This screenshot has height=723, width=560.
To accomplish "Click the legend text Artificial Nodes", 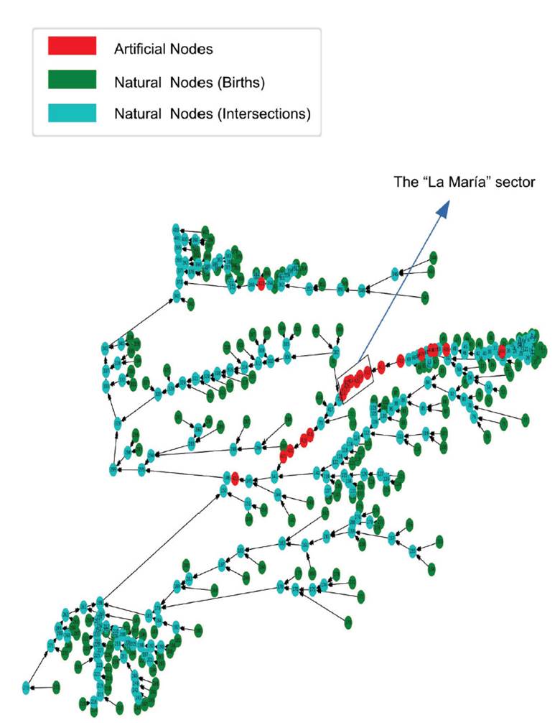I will pos(163,50).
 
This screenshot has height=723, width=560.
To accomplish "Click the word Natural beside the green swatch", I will pos(139,82).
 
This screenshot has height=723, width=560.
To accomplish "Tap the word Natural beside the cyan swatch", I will pos(139,114).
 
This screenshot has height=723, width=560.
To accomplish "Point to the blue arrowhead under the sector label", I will pos(443,209).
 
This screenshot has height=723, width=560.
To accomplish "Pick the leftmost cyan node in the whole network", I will pos(27,687).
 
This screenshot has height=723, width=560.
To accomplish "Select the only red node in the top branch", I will pos(261,284).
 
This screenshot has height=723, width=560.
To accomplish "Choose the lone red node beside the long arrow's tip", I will pos(235,477).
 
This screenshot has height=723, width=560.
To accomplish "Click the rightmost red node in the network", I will pos(502,350).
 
